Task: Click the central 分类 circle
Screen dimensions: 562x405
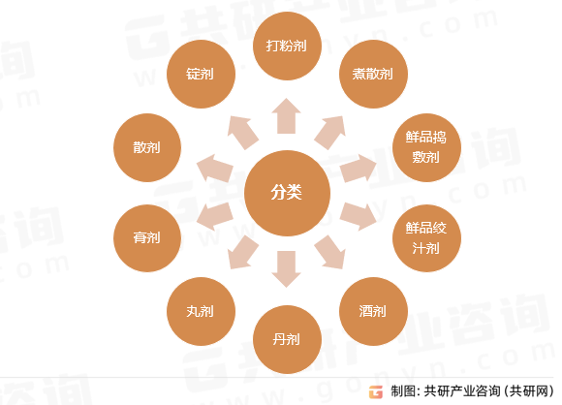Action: click(287, 193)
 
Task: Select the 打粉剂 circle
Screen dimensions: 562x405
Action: click(287, 46)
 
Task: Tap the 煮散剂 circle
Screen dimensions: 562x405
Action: click(373, 74)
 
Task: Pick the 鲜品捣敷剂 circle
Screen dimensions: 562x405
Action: click(426, 147)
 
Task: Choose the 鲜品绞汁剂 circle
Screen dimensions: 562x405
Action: click(426, 238)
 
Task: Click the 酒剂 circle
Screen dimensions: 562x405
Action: click(373, 311)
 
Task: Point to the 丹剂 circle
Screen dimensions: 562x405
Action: click(287, 339)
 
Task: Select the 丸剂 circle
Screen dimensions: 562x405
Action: click(201, 311)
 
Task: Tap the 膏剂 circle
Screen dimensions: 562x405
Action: click(147, 238)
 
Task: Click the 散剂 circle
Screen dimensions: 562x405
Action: click(147, 147)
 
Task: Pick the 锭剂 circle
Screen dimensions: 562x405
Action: click(201, 74)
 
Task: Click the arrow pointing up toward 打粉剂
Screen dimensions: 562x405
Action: click(286, 116)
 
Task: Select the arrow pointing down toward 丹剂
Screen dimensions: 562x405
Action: click(286, 268)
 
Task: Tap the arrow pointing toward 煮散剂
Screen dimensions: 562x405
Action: click(330, 132)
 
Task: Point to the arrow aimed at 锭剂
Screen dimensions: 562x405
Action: click(242, 132)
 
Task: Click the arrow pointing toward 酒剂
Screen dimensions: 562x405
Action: click(330, 252)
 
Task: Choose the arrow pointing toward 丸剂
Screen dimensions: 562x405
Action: click(242, 252)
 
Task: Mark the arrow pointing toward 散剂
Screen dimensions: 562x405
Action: click(215, 168)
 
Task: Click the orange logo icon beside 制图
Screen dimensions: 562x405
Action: click(376, 391)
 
